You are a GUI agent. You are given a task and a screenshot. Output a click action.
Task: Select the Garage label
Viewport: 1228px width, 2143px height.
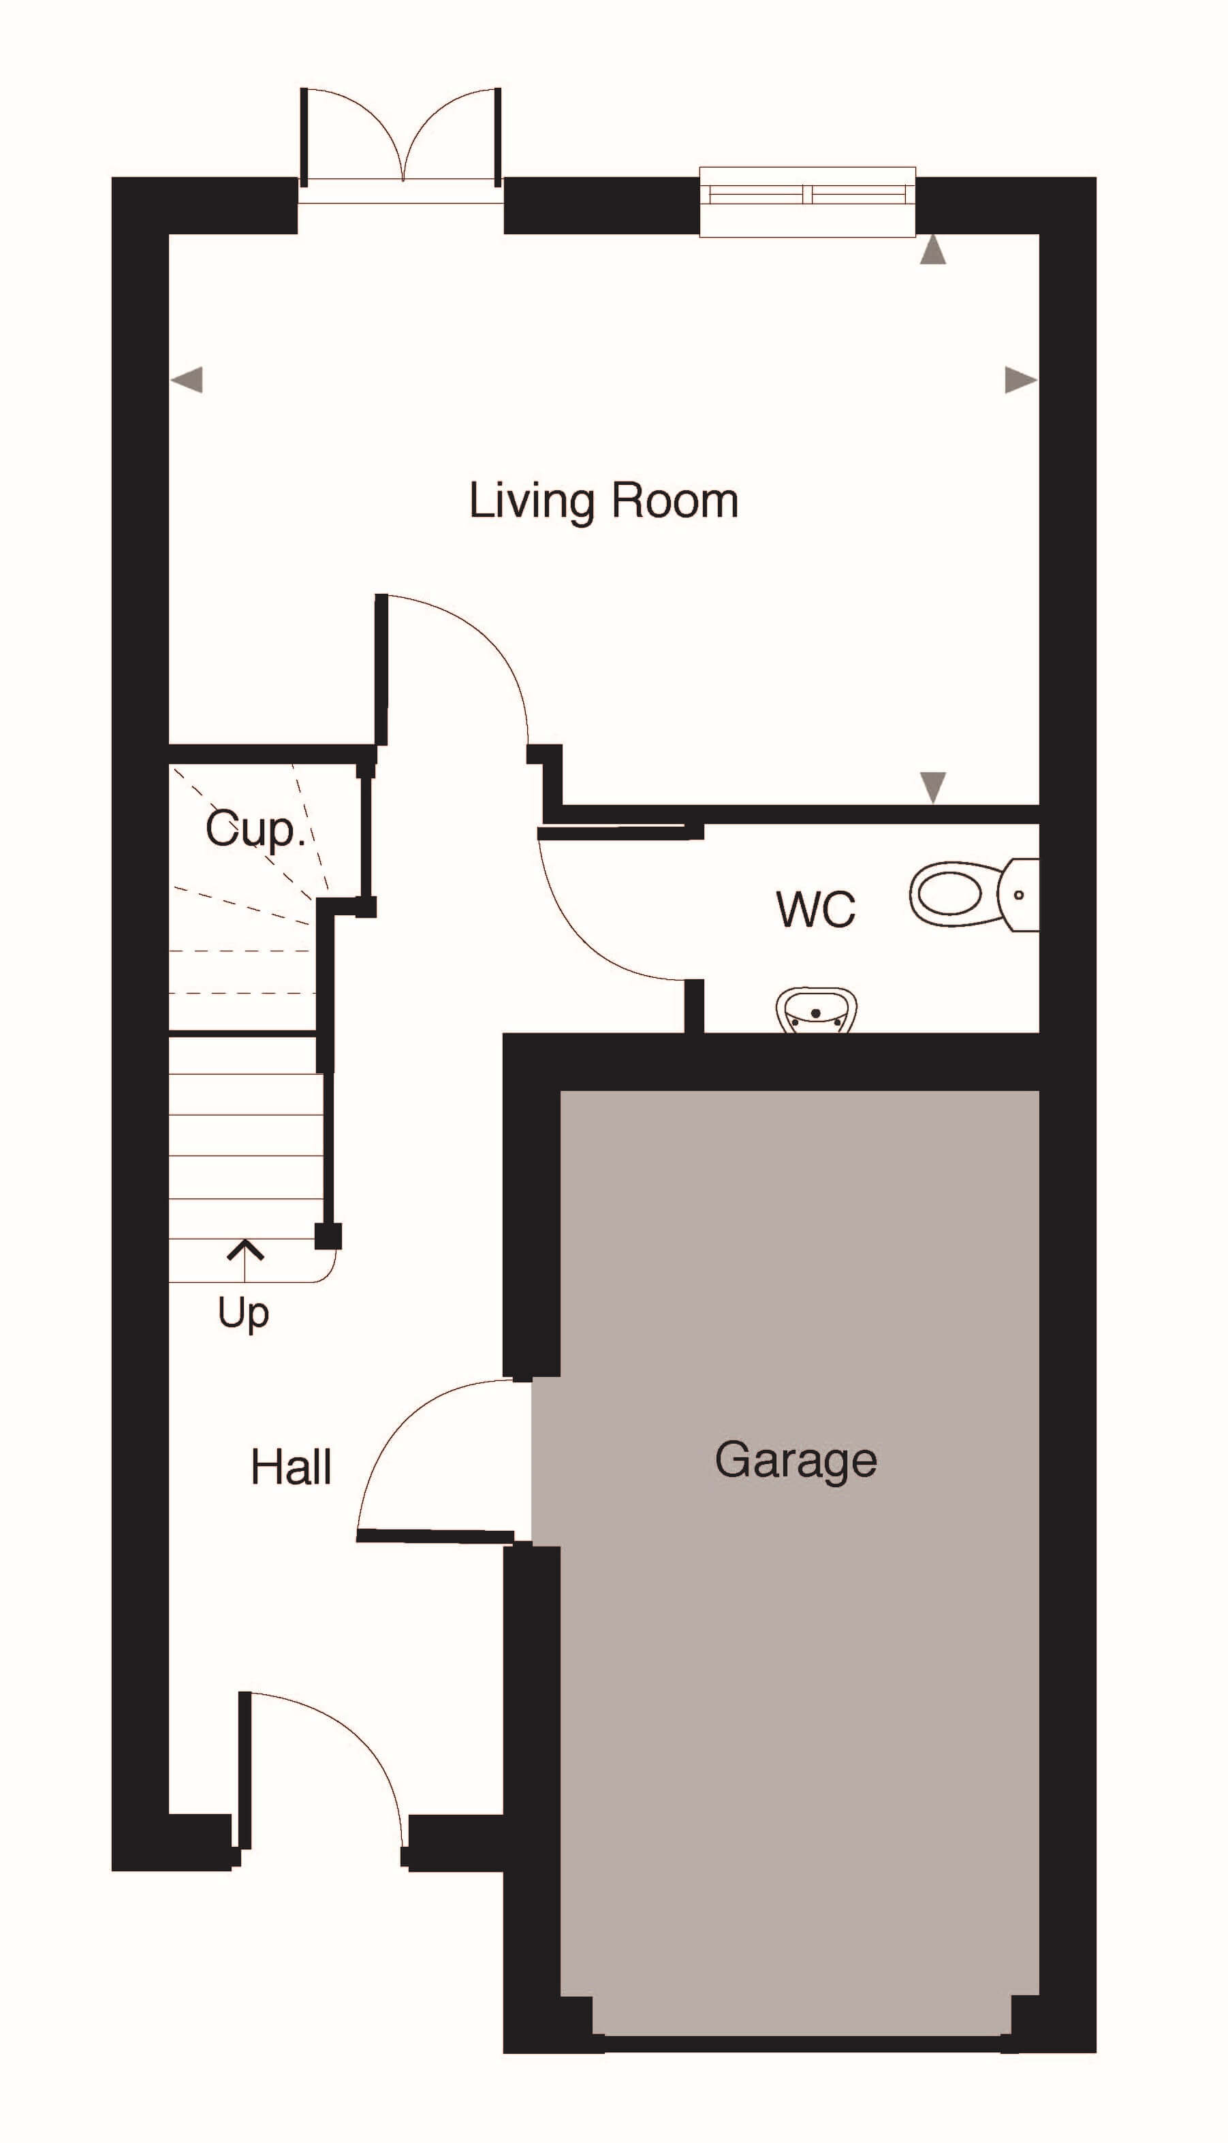pyautogui.click(x=796, y=1460)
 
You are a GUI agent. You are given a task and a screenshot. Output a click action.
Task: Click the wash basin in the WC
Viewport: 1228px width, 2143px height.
pyautogui.click(x=815, y=1011)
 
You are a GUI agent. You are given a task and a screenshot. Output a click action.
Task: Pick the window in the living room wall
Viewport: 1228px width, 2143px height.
pyautogui.click(x=807, y=202)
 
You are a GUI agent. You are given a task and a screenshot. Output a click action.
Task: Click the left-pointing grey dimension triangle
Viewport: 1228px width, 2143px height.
pyautogui.click(x=187, y=380)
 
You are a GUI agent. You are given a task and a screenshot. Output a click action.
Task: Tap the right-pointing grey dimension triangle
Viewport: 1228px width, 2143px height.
pyautogui.click(x=1020, y=380)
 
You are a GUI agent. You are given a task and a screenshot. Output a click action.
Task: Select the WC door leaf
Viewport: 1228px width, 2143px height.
pyautogui.click(x=620, y=833)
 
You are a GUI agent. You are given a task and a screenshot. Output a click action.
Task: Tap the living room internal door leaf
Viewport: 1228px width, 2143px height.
pyautogui.click(x=381, y=670)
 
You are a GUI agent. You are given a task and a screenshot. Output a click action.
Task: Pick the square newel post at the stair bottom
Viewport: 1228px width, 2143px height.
pyautogui.click(x=328, y=1236)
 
